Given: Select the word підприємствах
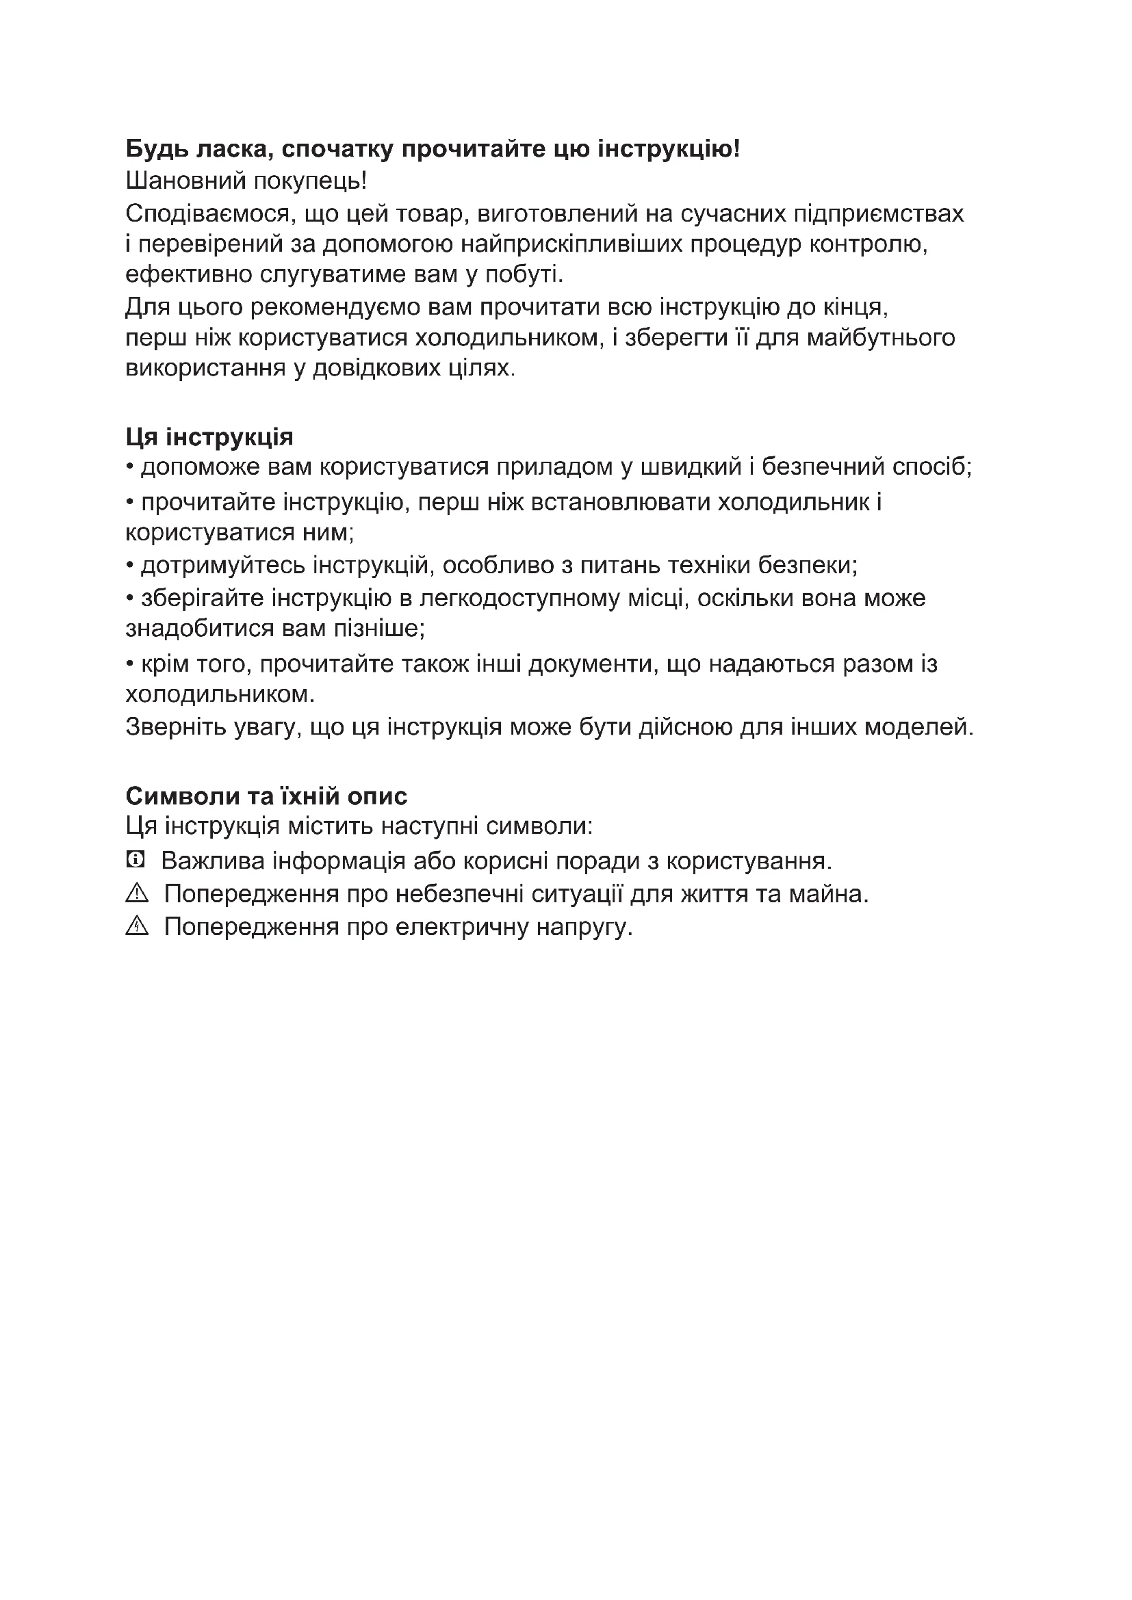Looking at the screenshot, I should (x=878, y=213).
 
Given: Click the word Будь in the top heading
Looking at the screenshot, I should (x=157, y=149).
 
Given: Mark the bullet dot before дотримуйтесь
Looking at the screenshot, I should (x=129, y=565).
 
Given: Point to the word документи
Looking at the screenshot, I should (x=593, y=664).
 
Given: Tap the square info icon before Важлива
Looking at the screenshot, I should (x=136, y=860).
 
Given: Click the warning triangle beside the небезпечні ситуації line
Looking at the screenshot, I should (x=138, y=893).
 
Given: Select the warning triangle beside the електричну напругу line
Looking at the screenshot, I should (x=138, y=926).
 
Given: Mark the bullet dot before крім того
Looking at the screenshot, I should (x=129, y=664).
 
